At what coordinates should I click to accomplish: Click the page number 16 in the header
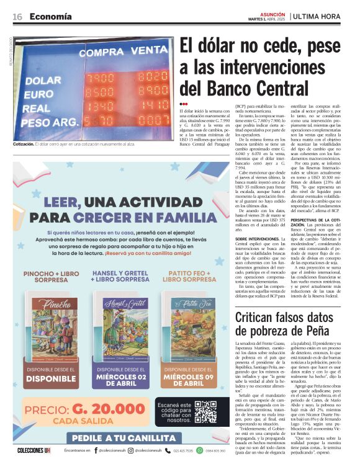17,16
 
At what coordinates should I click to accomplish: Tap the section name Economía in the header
50,16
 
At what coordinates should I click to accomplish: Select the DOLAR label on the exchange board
43,81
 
